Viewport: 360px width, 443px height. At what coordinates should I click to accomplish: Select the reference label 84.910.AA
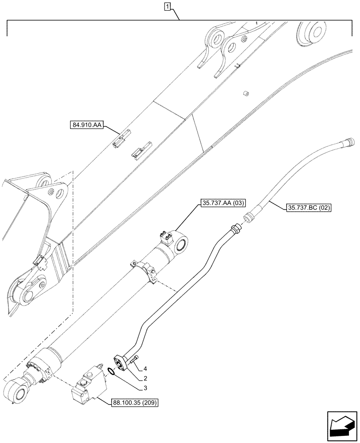(x=86, y=125)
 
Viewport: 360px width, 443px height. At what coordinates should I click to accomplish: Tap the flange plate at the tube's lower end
(x=122, y=362)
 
